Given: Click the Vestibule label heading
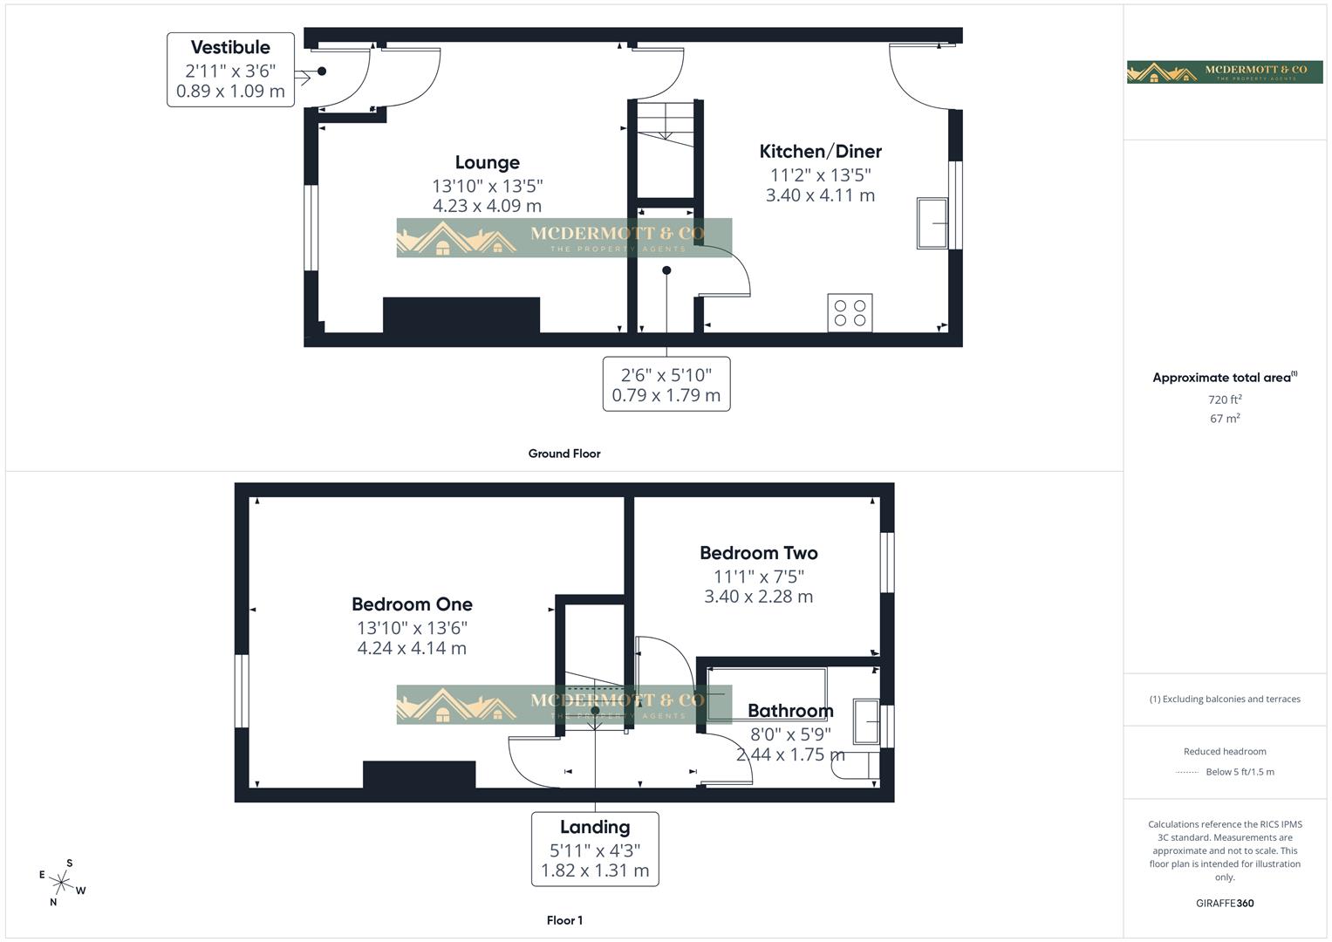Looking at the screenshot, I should pyautogui.click(x=230, y=47).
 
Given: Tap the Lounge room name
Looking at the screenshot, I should pyautogui.click(x=487, y=162).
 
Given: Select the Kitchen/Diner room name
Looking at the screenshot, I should pyautogui.click(x=820, y=152).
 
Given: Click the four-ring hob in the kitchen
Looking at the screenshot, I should pyautogui.click(x=850, y=313).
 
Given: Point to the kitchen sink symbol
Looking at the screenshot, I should pyautogui.click(x=932, y=223).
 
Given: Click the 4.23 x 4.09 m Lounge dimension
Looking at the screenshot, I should pyautogui.click(x=487, y=206).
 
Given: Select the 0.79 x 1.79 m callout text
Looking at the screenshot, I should pyautogui.click(x=666, y=395).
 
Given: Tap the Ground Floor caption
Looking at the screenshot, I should pyautogui.click(x=564, y=454).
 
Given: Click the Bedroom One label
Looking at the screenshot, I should pyautogui.click(x=412, y=604).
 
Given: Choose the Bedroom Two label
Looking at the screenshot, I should pyautogui.click(x=758, y=553).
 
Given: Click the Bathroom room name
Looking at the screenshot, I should pyautogui.click(x=790, y=711).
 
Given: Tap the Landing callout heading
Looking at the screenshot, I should pyautogui.click(x=595, y=827).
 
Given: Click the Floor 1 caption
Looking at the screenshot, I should pyautogui.click(x=564, y=920).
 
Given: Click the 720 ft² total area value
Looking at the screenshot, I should pyautogui.click(x=1225, y=399).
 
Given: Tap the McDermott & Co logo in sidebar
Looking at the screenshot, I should pyautogui.click(x=1225, y=72).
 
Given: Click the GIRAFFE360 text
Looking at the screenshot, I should pyautogui.click(x=1225, y=903).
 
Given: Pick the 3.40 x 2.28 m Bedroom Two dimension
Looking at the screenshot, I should pyautogui.click(x=758, y=597).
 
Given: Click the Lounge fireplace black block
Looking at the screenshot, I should pyautogui.click(x=461, y=315).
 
